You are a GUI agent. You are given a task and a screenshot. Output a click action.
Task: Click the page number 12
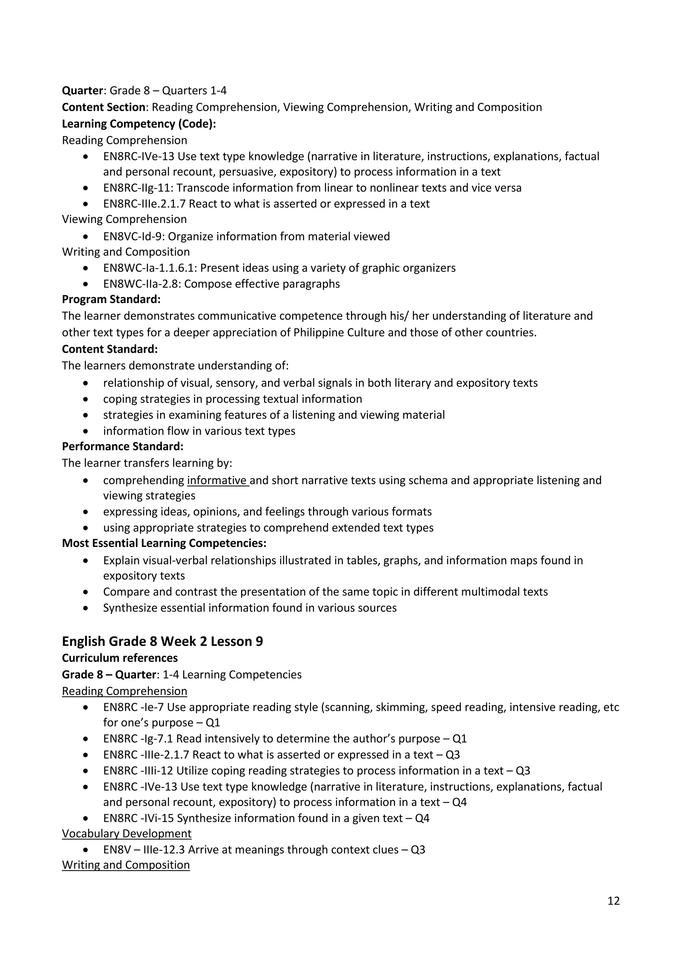click(x=613, y=900)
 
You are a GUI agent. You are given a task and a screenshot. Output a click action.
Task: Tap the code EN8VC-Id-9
click(x=134, y=237)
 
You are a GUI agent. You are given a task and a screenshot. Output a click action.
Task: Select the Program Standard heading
click(x=111, y=299)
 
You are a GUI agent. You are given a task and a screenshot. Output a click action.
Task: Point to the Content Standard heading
click(x=110, y=349)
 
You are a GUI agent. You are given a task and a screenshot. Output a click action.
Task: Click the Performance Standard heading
click(x=123, y=446)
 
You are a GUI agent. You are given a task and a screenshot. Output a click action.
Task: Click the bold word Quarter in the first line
click(x=82, y=91)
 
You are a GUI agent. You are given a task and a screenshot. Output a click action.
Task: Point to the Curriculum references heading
click(x=120, y=658)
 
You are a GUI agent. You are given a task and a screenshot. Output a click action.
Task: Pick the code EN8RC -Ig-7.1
click(x=138, y=738)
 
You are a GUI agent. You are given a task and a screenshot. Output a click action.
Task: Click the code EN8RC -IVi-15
click(x=138, y=818)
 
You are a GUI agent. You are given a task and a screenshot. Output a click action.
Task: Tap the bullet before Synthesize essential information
click(x=86, y=608)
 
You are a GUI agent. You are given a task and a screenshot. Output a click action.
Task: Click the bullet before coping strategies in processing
click(x=86, y=399)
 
